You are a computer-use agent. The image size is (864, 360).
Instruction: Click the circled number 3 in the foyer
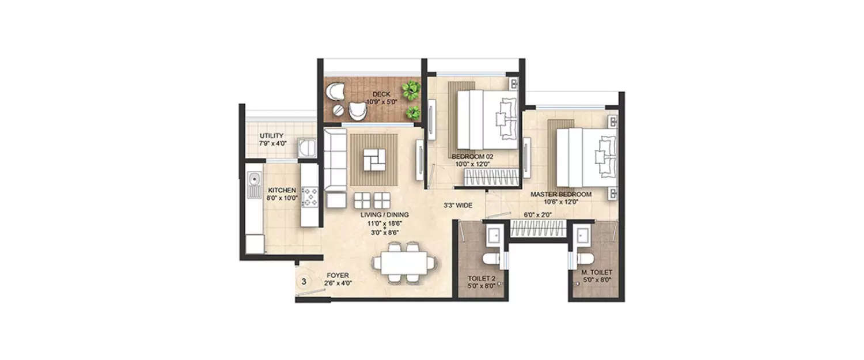tap(304, 282)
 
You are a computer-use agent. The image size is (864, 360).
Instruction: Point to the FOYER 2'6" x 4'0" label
tap(337, 279)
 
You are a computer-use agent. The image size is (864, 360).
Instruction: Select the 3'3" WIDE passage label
tap(458, 204)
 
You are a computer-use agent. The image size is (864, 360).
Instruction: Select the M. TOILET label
tap(597, 275)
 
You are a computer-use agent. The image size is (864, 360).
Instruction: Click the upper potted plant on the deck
tap(411, 89)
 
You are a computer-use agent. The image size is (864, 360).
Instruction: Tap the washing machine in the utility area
tap(306, 148)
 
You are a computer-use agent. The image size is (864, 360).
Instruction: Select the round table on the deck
tap(339, 108)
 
